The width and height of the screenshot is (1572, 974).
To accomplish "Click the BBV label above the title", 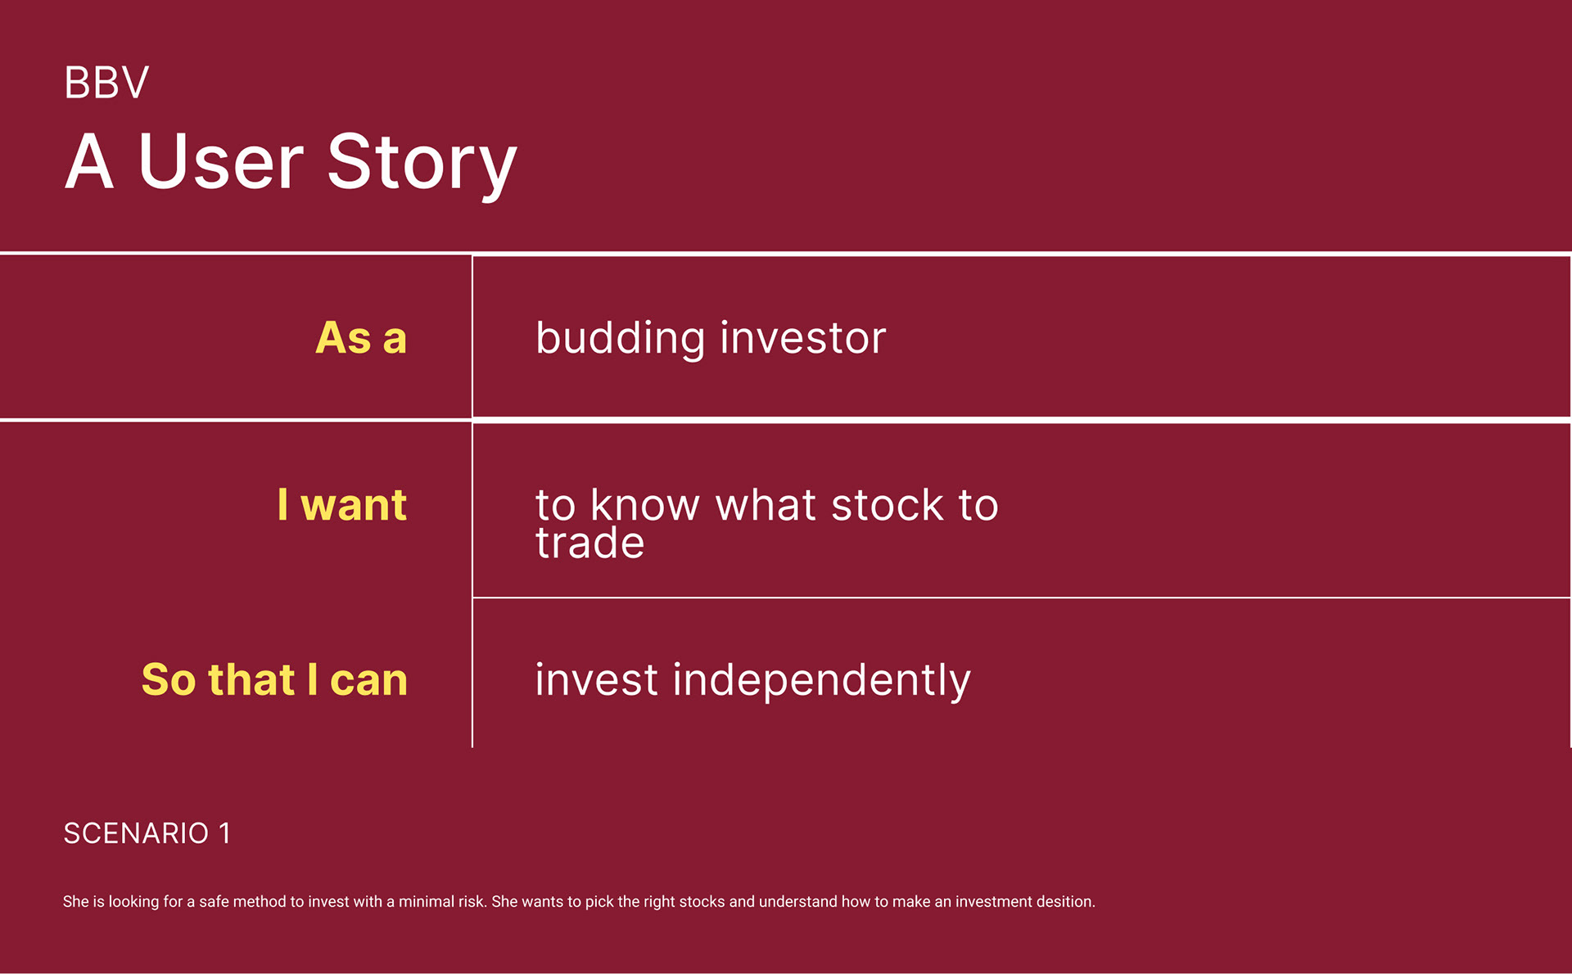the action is (106, 83).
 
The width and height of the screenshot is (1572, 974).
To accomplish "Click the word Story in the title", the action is (422, 164).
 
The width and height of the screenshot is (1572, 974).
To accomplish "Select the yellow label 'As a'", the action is (361, 337).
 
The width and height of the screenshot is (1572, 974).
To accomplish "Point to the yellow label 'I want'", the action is (342, 504).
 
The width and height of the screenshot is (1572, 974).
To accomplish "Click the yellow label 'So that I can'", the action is (274, 679).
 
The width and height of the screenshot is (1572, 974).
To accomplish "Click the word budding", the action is (621, 338).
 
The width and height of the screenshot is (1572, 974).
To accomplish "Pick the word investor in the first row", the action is (803, 338).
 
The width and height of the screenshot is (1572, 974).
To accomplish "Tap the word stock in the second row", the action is (888, 504).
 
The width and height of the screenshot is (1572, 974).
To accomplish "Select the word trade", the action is (590, 543).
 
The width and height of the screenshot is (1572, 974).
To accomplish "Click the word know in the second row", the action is (645, 504).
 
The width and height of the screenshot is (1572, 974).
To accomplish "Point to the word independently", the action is (822, 680).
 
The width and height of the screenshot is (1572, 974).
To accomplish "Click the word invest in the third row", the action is (597, 680).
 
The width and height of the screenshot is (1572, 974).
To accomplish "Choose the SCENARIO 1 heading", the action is (147, 833).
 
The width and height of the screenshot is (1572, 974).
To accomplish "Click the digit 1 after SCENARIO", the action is (224, 833).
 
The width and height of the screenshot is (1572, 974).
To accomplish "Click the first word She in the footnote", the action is (76, 901).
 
